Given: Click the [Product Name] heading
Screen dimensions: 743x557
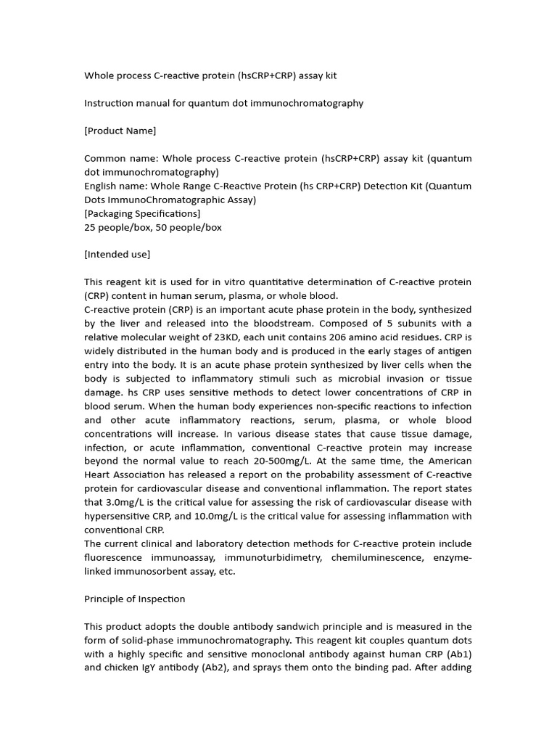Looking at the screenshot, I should (x=120, y=131).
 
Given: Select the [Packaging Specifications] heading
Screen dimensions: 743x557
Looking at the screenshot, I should (x=142, y=213).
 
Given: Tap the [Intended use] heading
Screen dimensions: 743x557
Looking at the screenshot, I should (x=117, y=254).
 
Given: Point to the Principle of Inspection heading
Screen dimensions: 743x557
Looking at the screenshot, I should (x=134, y=599).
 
